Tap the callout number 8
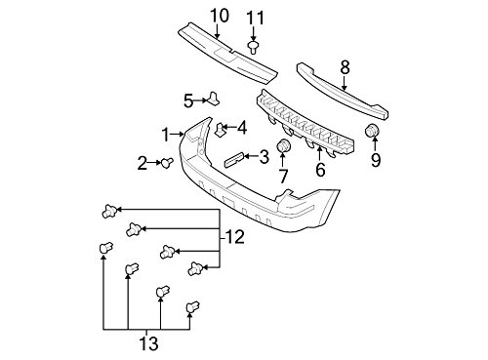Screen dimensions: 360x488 point(344,67)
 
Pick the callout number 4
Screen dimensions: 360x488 point(241,128)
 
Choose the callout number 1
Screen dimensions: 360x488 point(167,133)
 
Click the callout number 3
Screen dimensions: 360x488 point(262,156)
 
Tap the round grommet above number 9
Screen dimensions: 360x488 point(372,133)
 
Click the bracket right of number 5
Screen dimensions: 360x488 point(213,98)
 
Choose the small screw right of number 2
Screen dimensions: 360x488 point(167,163)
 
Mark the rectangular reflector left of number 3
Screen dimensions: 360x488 point(234,158)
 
